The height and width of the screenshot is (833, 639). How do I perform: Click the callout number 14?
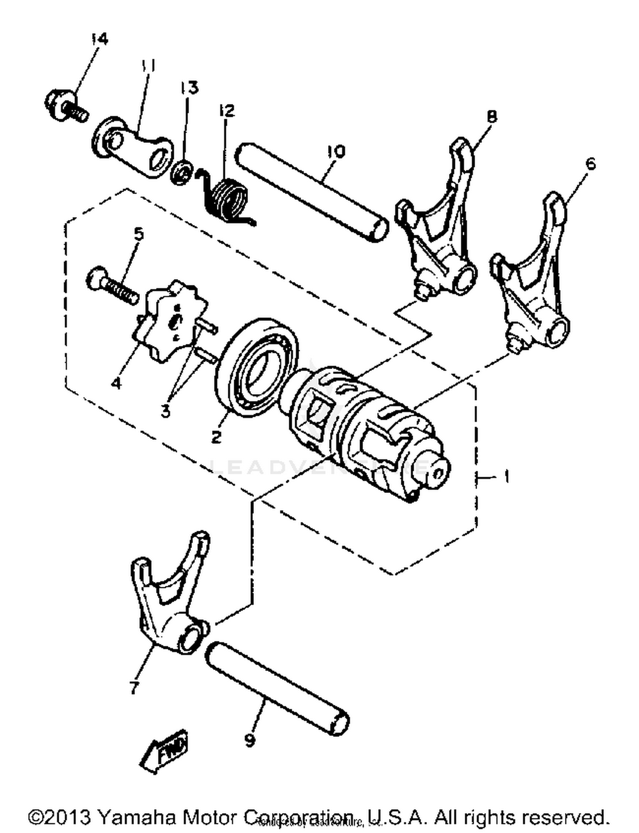point(100,39)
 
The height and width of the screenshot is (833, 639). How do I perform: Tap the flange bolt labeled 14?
point(64,105)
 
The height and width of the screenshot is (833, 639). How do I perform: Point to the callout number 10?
point(336,152)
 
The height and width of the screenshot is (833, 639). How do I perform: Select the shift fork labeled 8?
point(439,230)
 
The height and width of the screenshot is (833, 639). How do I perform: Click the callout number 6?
point(590,164)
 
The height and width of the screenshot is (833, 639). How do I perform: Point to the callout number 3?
point(166,412)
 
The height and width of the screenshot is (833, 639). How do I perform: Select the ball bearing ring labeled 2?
point(256,366)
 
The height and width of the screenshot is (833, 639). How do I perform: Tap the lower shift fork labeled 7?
point(170,605)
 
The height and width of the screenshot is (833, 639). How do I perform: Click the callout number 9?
point(250,740)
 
